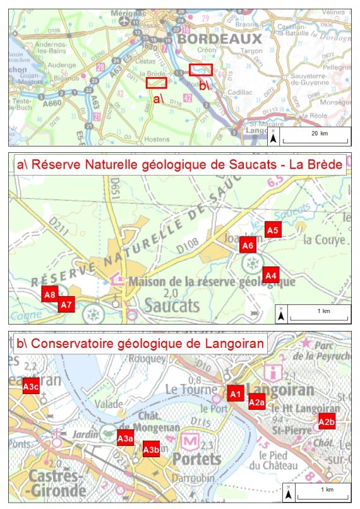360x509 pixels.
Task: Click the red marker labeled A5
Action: [x=273, y=231]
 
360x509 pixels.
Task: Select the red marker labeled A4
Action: [x=271, y=275]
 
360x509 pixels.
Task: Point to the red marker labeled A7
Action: [x=66, y=305]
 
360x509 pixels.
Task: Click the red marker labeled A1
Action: [x=235, y=393]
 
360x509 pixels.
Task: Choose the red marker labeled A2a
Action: [x=256, y=402]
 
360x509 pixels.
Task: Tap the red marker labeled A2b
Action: [x=327, y=422]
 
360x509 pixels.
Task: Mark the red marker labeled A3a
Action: [x=125, y=438]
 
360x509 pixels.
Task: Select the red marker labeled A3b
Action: [x=150, y=450]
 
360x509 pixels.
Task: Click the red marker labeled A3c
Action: [x=31, y=386]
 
